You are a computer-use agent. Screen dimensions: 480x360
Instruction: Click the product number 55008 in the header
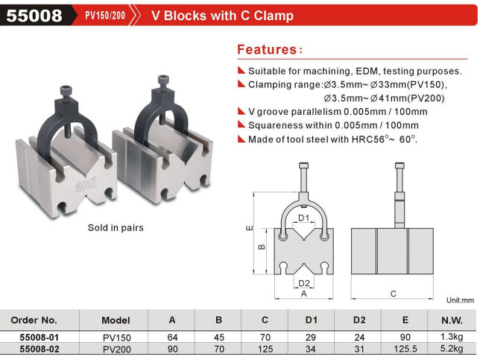[34, 16]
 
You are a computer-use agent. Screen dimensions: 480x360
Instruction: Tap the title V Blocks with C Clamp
[222, 16]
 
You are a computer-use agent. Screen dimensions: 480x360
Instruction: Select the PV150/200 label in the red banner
[105, 16]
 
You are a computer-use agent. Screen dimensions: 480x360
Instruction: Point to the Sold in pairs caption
[116, 228]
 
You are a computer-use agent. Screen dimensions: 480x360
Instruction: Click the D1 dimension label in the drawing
[303, 218]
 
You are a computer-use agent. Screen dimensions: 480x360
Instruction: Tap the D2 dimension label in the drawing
[303, 283]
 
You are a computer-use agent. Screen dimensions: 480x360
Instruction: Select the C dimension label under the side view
[393, 294]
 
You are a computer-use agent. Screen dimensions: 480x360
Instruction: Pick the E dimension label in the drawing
[250, 228]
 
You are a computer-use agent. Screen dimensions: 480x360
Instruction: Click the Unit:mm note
[460, 300]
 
